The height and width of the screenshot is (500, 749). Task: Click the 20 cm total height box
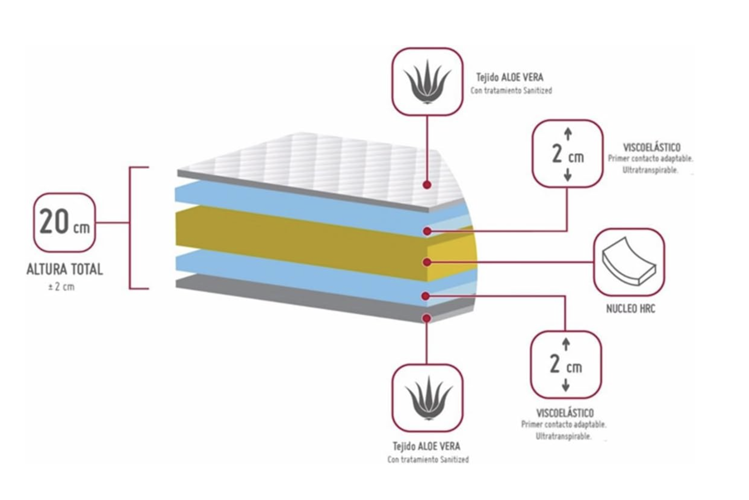coord(64,222)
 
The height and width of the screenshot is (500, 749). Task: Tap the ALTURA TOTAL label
coord(65,270)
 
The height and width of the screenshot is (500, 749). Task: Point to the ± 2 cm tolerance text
coord(61,287)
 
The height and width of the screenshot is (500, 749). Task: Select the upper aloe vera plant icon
coord(427,82)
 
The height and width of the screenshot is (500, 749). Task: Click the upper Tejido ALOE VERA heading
coord(510,77)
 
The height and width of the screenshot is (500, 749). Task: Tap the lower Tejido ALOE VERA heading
coord(427,446)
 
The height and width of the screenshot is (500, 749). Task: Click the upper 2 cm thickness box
coord(567,153)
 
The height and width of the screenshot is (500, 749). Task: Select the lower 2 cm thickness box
coord(566,364)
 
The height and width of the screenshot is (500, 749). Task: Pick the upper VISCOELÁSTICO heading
coord(651,147)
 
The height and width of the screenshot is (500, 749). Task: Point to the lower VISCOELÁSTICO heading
coord(565,413)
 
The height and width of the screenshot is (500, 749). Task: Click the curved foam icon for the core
coord(629,262)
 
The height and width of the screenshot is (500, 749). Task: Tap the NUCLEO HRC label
coord(630,309)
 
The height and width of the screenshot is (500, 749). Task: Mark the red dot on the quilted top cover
coord(427,185)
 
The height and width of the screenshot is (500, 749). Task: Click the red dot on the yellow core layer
coord(427,262)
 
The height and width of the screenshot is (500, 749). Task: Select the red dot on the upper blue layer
coord(427,231)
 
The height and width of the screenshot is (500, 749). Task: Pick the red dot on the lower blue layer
coord(425,296)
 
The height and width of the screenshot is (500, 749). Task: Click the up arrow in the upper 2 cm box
coord(568,134)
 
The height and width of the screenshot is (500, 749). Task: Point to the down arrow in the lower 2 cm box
coord(566,386)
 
